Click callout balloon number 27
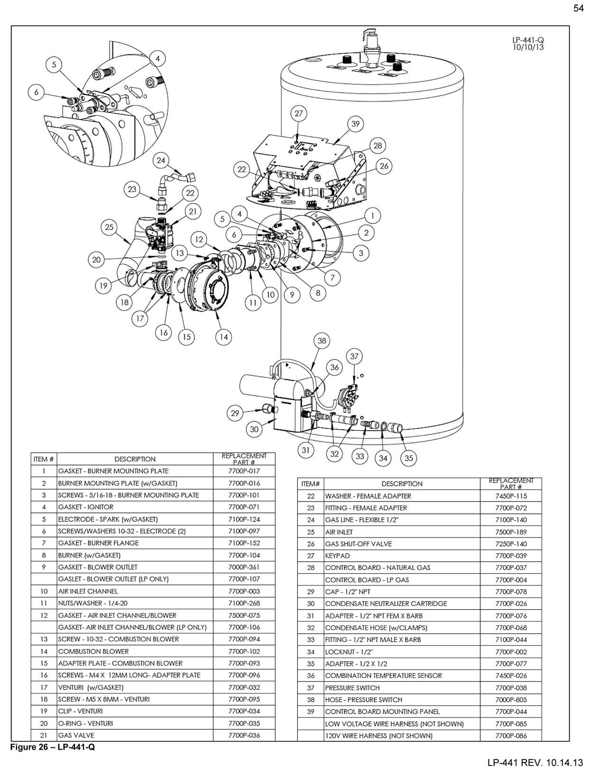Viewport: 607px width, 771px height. coord(298,113)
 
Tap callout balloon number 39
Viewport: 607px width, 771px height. coord(356,124)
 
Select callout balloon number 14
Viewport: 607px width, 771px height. coord(224,337)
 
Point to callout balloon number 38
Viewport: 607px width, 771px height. coord(322,341)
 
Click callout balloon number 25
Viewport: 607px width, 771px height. coord(110,227)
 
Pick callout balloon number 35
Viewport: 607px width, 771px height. coord(409,458)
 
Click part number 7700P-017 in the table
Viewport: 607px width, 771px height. coord(244,471)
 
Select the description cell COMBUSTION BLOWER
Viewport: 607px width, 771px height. coord(93,651)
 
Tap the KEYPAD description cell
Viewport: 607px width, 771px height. coord(337,556)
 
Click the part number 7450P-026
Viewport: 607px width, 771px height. coord(511,676)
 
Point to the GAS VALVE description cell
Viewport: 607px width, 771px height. coord(76,735)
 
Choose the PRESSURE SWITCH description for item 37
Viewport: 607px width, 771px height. coord(352,687)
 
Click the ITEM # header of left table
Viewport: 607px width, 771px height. coord(44,459)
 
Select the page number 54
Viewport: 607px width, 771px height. coord(579,8)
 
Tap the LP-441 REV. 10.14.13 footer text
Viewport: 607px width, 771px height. coord(535,762)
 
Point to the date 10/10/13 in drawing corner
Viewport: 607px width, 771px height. coord(528,47)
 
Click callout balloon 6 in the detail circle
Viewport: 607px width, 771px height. coord(36,93)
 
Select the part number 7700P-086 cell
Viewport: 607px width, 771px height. coord(511,736)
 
